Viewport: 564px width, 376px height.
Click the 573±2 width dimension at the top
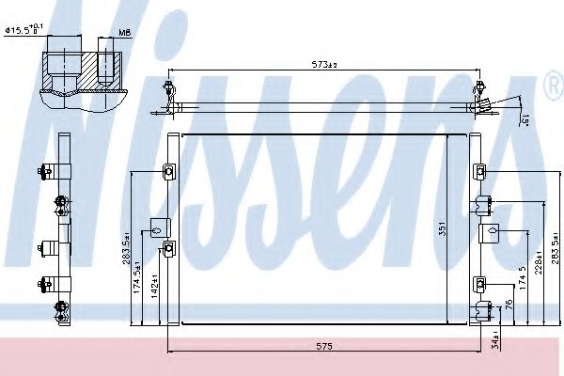point(325,65)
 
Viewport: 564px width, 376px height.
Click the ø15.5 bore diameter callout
point(24,31)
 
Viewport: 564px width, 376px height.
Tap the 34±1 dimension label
point(496,334)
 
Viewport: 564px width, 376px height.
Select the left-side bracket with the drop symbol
point(157,226)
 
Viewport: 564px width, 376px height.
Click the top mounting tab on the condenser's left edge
point(169,172)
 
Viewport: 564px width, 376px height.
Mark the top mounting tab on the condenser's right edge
point(479,171)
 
